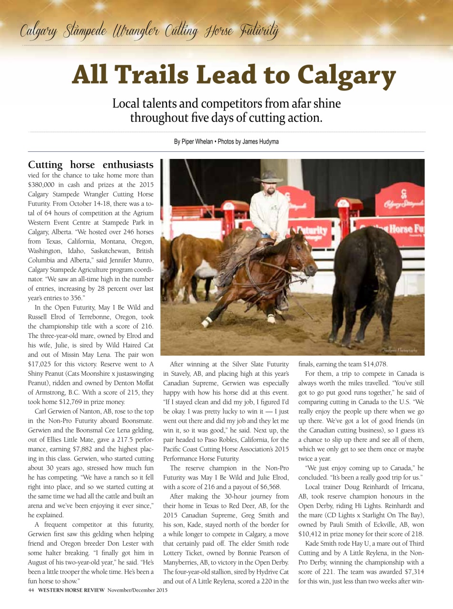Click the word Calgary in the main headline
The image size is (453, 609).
(346, 75)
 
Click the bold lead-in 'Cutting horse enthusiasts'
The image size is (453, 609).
(90, 165)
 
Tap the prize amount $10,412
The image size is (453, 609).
(313, 534)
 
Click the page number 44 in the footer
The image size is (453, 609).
(31, 590)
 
